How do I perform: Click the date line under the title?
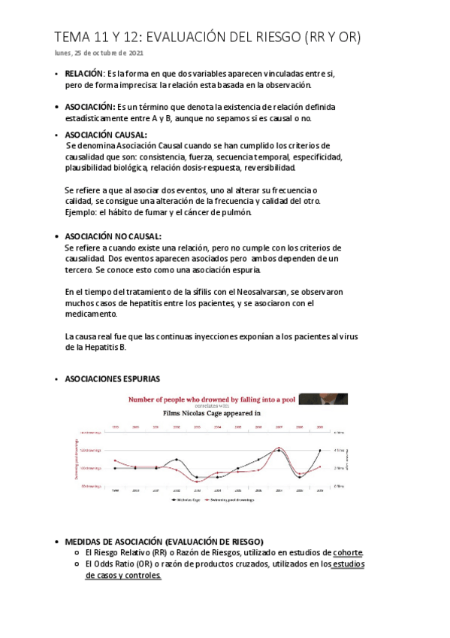pyautogui.click(x=100, y=53)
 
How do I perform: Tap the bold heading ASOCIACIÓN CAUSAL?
pyautogui.click(x=106, y=135)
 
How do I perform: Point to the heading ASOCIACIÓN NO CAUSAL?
pyautogui.click(x=113, y=236)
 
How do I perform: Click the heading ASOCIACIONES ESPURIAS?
pyautogui.click(x=113, y=378)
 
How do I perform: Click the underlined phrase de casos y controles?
pyautogui.click(x=123, y=575)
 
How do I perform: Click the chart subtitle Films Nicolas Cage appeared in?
pyautogui.click(x=212, y=413)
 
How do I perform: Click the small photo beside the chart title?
pyautogui.click(x=322, y=399)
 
